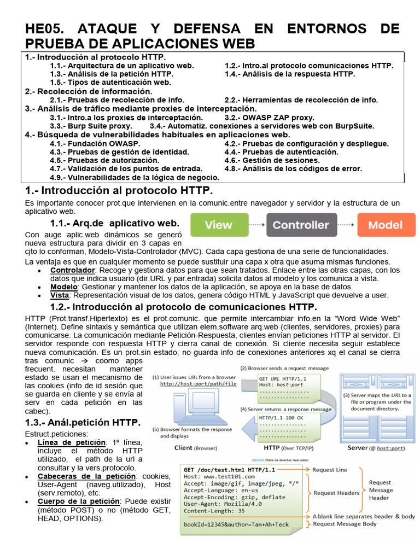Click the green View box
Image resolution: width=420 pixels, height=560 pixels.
[219, 225]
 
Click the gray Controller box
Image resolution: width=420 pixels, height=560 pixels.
[301, 225]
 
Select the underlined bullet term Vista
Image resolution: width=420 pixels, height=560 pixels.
[60, 295]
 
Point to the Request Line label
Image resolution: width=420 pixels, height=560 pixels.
[329, 470]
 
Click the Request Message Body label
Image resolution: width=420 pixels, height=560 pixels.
[344, 524]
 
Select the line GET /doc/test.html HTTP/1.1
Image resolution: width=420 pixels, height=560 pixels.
[230, 470]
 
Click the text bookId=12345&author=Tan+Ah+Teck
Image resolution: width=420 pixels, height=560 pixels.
[236, 524]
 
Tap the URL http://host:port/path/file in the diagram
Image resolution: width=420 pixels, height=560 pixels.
[198, 384]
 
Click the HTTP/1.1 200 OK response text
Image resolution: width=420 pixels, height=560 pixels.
[280, 418]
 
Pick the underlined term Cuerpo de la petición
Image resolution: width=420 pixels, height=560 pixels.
[78, 501]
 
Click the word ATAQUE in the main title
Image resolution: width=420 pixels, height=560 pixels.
[109, 28]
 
